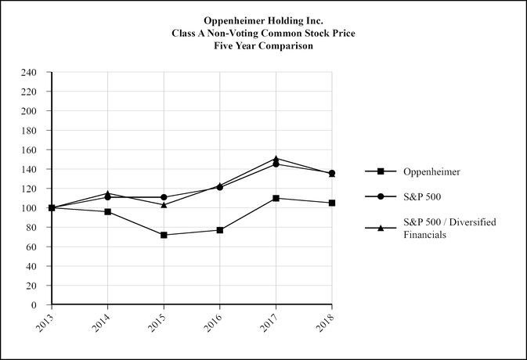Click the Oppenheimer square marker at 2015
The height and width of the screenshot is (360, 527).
(164, 235)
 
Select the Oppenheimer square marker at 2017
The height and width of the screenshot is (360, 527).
(276, 198)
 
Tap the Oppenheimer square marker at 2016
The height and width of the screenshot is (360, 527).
(220, 230)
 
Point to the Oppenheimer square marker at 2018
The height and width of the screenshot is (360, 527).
(332, 203)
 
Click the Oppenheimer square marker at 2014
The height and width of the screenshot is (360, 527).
(107, 212)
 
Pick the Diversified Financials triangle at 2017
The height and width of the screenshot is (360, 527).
(276, 159)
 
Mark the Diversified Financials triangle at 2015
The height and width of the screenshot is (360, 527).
(164, 204)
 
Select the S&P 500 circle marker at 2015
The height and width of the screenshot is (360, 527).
(164, 197)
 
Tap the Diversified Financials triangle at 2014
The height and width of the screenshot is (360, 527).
(107, 193)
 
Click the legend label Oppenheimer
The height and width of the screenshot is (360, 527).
(431, 171)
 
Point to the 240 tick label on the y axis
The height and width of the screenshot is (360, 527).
(29, 73)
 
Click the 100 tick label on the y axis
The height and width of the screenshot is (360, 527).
(29, 208)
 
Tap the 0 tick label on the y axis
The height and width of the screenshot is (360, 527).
(34, 305)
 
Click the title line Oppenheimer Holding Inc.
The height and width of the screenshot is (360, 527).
(263, 20)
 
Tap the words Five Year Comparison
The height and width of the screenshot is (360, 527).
(263, 46)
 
